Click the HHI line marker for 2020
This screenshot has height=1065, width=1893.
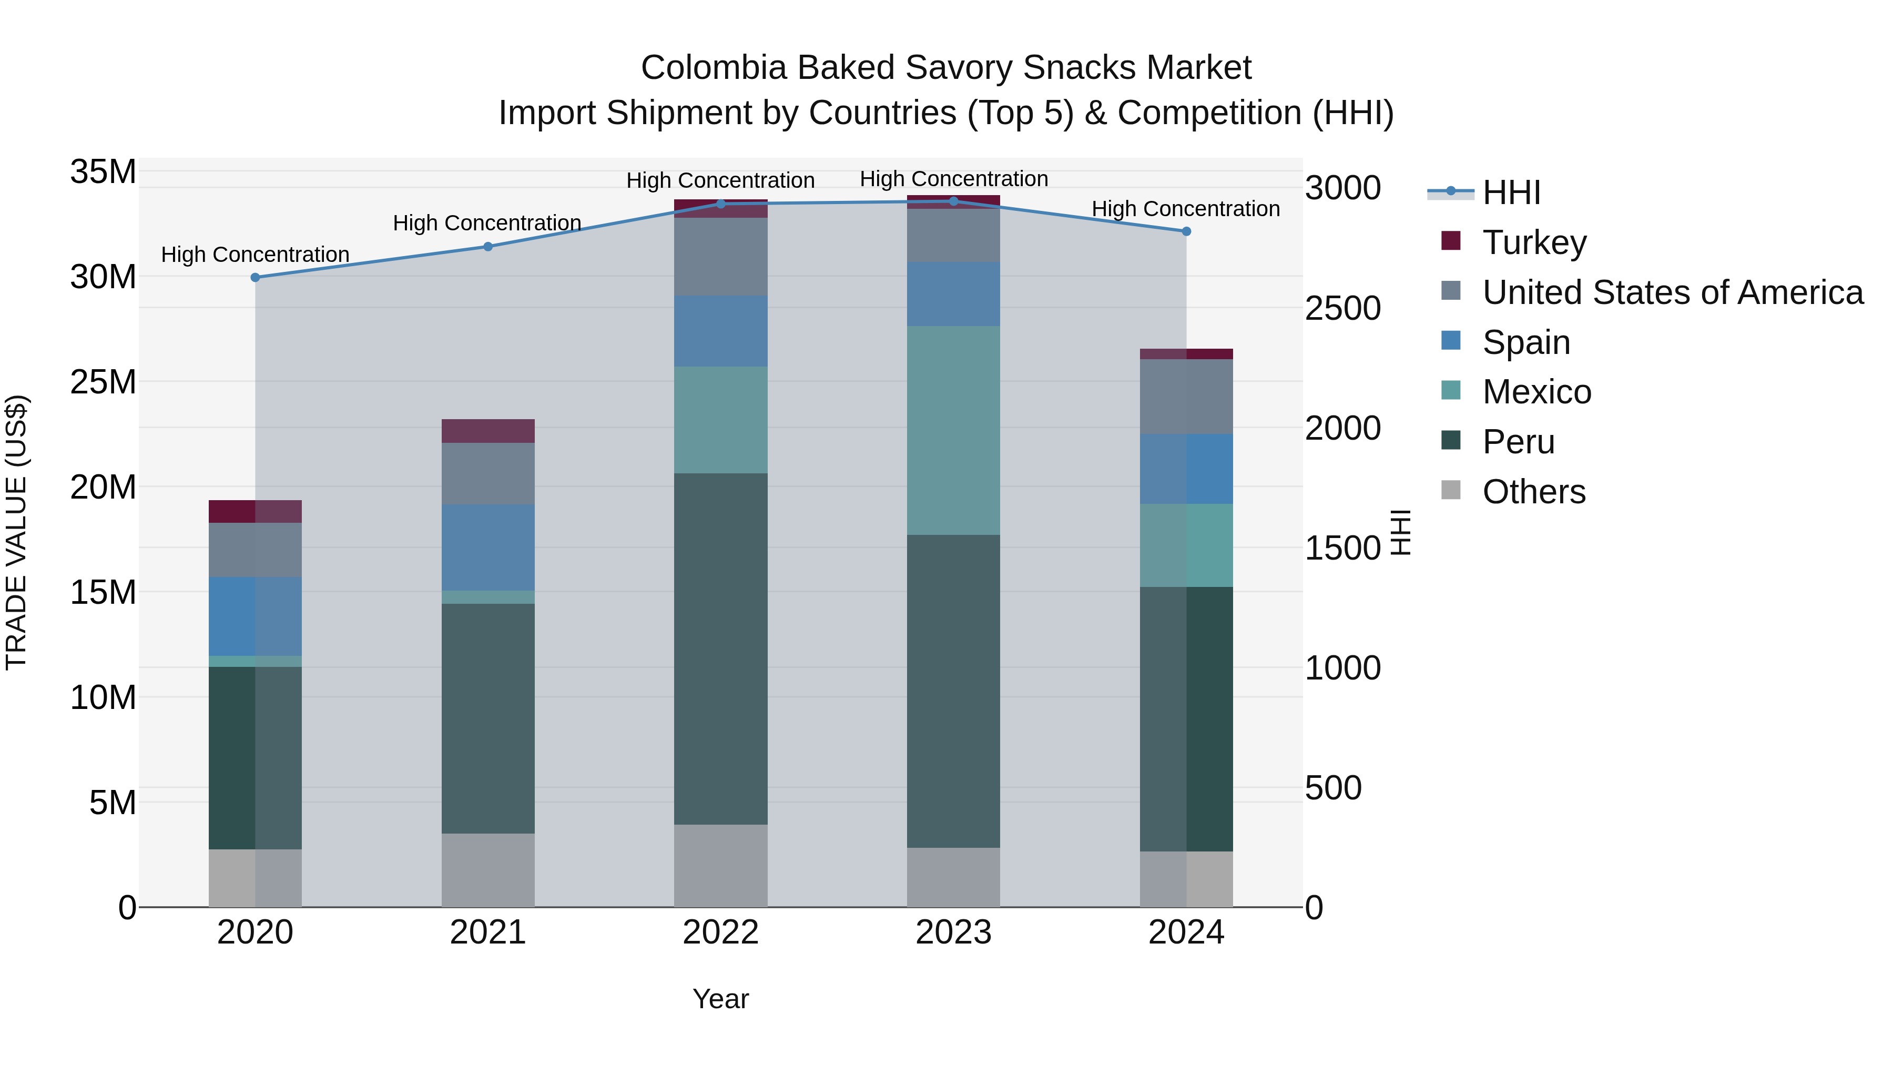[255, 278]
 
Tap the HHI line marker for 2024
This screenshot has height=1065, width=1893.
[1186, 231]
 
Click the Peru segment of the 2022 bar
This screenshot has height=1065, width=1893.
[720, 648]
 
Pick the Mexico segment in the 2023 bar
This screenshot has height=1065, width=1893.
[953, 430]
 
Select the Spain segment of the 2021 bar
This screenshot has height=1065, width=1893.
[488, 547]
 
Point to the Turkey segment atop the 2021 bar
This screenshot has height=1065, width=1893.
[488, 431]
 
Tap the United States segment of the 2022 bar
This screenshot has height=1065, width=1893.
[720, 257]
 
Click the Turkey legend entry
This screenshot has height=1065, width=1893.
[1534, 242]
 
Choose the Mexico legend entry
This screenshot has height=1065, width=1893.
[1536, 392]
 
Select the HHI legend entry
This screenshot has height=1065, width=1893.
[1511, 192]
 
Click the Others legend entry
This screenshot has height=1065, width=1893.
[1534, 492]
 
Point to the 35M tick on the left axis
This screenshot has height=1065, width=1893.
[103, 172]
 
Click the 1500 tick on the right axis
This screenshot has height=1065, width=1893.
[1342, 549]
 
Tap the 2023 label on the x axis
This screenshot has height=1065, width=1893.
[953, 932]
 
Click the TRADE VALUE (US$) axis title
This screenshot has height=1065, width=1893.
[16, 532]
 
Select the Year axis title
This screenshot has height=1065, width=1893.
[720, 999]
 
